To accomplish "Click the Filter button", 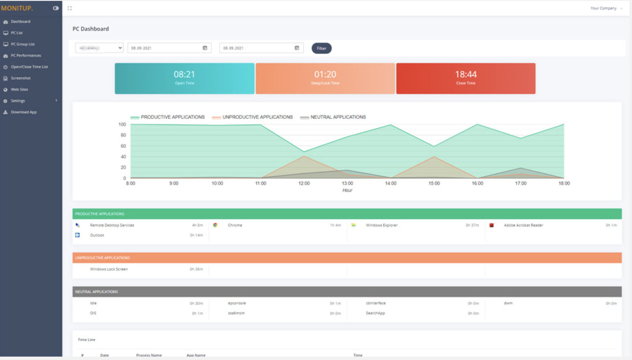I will point(321,48).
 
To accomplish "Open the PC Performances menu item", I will point(26,56).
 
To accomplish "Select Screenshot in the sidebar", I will point(21,78).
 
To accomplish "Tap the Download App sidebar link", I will point(24,112).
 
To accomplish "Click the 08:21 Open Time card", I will point(184,78).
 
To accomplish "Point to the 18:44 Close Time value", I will point(466,74).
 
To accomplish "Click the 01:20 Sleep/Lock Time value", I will point(325,74).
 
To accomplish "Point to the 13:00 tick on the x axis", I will point(348,183).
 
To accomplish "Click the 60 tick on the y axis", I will point(123,146).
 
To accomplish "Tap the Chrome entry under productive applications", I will point(235,225).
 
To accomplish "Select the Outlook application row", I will point(97,236).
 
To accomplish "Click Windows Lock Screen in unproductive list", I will point(109,269).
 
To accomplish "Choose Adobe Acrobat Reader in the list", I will point(523,225).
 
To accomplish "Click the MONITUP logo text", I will point(17,8).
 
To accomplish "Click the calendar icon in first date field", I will point(205,48).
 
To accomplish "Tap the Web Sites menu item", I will point(19,90).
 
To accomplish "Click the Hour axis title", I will point(347,191).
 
